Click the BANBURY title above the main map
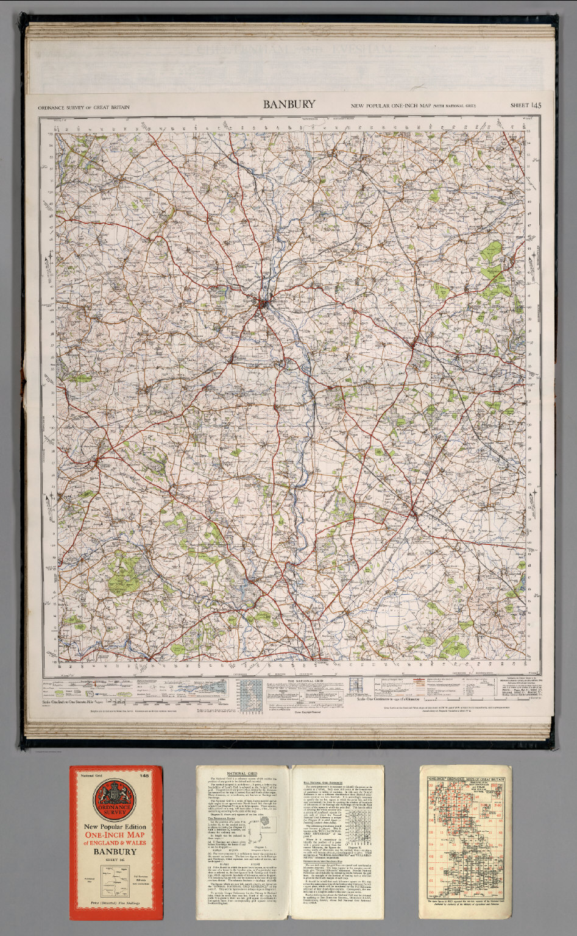289,104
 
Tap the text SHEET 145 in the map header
525,106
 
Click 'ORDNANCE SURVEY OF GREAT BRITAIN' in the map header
83,107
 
